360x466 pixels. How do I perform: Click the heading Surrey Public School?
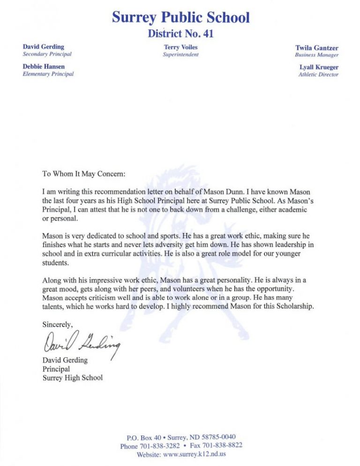tap(180, 17)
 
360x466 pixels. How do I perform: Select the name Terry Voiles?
tap(180, 47)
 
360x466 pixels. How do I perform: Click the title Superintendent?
tap(180, 54)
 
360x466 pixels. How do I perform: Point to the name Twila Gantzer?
tap(316, 48)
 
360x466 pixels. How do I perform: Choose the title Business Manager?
tap(316, 55)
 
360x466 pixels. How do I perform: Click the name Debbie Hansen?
tap(44, 67)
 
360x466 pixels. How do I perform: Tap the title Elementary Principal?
tap(48, 74)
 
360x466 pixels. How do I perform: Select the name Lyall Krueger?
tap(319, 67)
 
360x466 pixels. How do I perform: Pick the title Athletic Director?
tap(318, 74)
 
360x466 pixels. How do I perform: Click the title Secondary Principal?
tap(47, 54)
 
